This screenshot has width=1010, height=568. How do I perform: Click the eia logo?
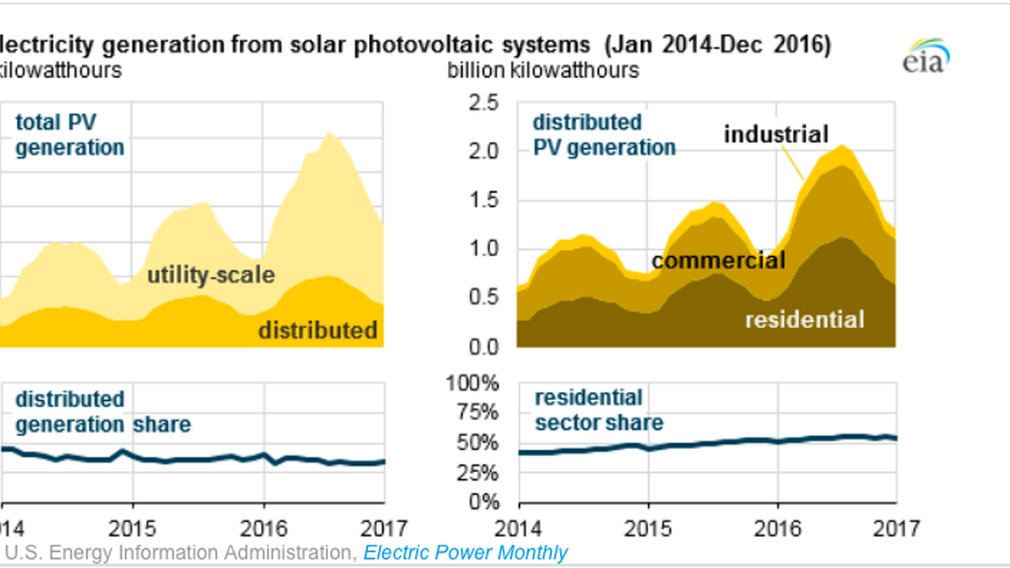click(x=926, y=56)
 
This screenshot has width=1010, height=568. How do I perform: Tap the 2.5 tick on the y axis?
click(x=483, y=103)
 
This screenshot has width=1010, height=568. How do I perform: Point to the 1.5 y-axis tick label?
click(x=483, y=200)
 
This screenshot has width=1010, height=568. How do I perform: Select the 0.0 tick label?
click(x=483, y=347)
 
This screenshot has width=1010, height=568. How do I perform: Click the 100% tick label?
click(x=472, y=383)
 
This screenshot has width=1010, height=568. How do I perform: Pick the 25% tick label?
click(x=477, y=473)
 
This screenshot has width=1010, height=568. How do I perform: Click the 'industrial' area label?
click(x=776, y=135)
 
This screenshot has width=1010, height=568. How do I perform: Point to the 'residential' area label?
click(x=805, y=320)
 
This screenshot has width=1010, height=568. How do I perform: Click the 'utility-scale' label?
click(x=211, y=275)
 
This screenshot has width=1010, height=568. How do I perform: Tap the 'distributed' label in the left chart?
click(x=318, y=331)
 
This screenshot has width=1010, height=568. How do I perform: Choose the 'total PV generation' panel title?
click(x=69, y=135)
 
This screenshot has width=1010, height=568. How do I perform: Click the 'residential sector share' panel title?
click(x=599, y=410)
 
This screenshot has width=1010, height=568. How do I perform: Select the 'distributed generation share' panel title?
click(x=103, y=412)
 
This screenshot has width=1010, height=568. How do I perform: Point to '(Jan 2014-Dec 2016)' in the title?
click(x=718, y=45)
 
